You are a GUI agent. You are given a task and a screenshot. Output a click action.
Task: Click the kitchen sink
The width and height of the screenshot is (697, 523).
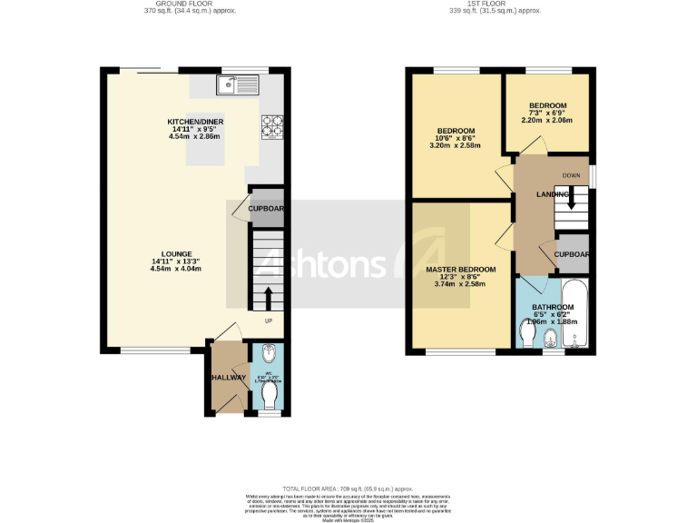tap(238, 86)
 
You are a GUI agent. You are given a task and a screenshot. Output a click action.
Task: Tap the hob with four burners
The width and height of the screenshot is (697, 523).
tap(272, 126)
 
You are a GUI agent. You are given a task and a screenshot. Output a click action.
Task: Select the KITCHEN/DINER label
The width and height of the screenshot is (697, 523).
tap(195, 122)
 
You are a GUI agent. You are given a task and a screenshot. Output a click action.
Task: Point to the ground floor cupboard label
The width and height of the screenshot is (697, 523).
tap(267, 209)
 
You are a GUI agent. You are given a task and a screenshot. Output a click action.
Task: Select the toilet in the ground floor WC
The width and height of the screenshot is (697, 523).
tap(270, 396)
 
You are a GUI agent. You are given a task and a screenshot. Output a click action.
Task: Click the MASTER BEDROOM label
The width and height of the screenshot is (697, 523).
tap(460, 271)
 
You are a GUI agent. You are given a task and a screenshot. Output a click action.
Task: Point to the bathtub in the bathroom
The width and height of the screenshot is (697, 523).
tap(576, 314)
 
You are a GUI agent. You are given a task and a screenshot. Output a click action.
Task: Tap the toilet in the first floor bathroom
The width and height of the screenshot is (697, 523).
tap(528, 335)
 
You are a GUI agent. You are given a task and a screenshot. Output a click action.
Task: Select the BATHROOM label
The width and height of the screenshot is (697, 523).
tap(553, 308)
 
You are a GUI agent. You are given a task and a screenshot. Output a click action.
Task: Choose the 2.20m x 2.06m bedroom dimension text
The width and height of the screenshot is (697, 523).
tap(548, 120)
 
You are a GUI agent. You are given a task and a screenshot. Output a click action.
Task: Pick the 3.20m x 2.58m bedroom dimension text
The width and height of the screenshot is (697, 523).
tap(457, 145)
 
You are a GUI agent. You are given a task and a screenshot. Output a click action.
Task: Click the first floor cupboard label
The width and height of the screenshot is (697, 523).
tap(573, 254)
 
